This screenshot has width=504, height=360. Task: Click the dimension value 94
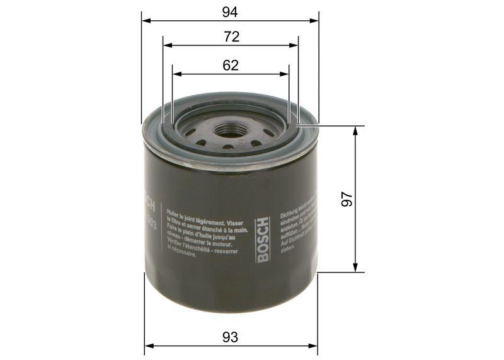point(231,10)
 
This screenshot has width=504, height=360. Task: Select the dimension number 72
point(231,37)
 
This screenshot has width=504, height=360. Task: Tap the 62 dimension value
point(231,65)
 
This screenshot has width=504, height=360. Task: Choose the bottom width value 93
point(231,337)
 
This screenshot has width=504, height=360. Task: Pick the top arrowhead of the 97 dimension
point(357,129)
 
